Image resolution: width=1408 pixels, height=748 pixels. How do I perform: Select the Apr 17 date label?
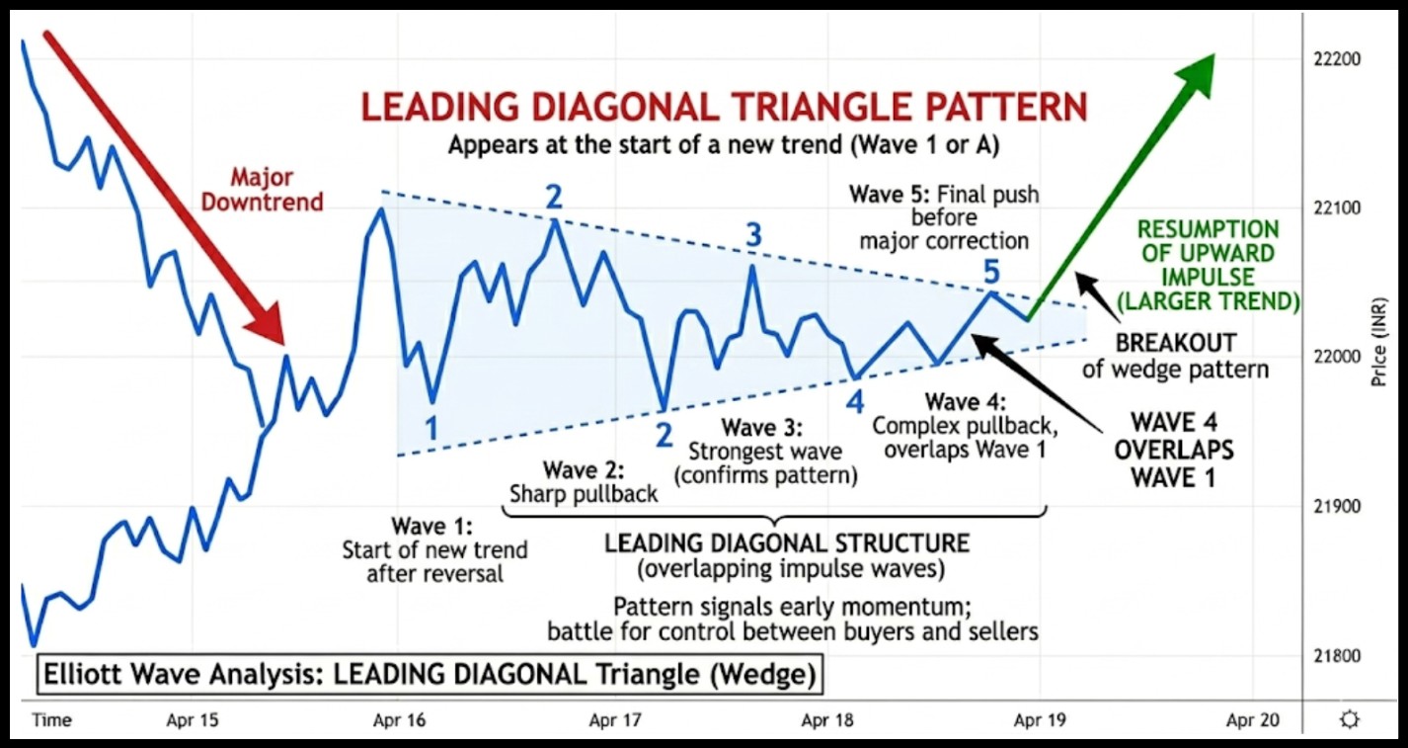coord(615,720)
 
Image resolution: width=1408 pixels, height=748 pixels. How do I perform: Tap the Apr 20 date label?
coord(1252,720)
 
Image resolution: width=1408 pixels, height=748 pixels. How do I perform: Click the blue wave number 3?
coord(753,235)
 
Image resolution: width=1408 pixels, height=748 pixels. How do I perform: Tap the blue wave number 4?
coord(854,400)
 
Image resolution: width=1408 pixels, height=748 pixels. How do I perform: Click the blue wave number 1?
coord(431,427)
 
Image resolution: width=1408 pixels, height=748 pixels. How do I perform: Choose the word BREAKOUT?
coord(1175,344)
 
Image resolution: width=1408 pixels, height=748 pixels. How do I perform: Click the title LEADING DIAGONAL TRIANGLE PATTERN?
coord(724,107)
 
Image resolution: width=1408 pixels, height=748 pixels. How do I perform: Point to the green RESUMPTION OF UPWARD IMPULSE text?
coord(1221,265)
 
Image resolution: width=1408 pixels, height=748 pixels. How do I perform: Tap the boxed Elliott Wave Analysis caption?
coord(429,676)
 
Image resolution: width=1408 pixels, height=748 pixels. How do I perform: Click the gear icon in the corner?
coord(1350,719)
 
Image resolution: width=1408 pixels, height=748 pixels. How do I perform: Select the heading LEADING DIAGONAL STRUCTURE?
coord(787,543)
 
